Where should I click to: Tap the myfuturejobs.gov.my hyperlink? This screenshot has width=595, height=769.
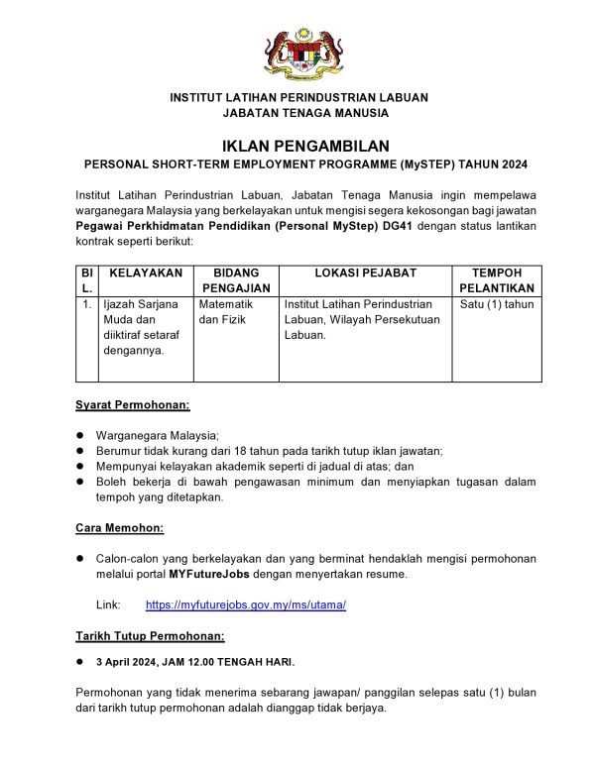[x=246, y=604]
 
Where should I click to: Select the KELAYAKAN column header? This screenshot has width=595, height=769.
[x=146, y=273]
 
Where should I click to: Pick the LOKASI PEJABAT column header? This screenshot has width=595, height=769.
[x=365, y=273]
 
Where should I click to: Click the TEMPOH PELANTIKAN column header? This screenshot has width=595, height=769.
[x=497, y=279]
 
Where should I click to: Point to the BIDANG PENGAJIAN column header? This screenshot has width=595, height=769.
[x=236, y=279]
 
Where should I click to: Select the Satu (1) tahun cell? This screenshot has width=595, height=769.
[x=497, y=304]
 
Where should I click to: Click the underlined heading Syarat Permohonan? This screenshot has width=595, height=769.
[x=133, y=404]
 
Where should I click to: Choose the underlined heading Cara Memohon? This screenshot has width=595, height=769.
[x=120, y=527]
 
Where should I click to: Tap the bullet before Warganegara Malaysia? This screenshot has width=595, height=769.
[x=80, y=435]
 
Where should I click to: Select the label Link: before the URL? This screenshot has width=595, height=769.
[x=107, y=604]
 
